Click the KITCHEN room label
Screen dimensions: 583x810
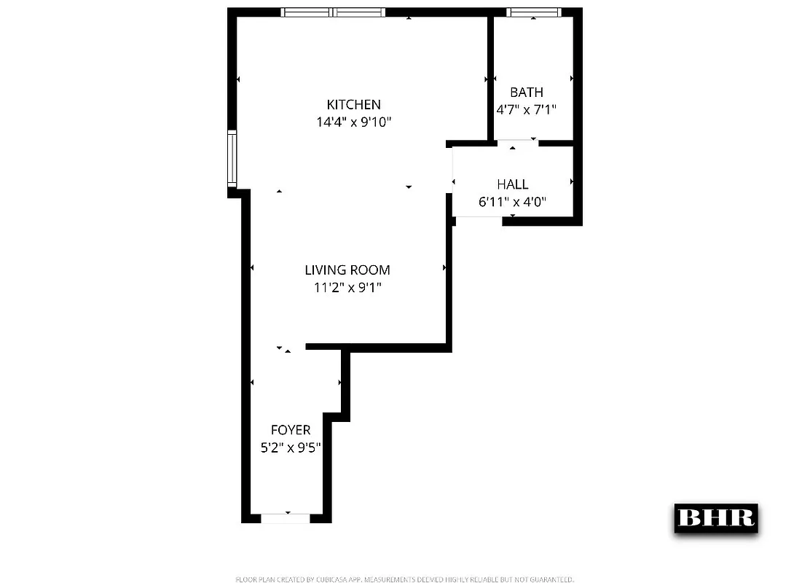tap(353, 105)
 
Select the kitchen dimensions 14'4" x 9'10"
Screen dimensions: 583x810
tap(353, 122)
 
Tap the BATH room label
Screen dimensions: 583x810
tap(526, 93)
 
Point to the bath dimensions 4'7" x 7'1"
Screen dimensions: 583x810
tap(526, 110)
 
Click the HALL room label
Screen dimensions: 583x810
tap(513, 184)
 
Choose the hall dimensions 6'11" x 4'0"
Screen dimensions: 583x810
tap(513, 202)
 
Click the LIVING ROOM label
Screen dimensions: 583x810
tap(347, 270)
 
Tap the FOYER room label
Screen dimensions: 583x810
tap(291, 431)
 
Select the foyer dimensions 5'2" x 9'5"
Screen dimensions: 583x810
tap(291, 448)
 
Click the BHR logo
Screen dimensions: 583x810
tap(715, 517)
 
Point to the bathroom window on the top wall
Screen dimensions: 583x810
tap(533, 12)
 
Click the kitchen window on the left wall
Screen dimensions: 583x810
tap(232, 158)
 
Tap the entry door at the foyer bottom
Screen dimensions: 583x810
tap(286, 518)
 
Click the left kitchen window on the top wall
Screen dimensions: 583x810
tap(307, 12)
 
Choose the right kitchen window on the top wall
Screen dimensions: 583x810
tap(358, 12)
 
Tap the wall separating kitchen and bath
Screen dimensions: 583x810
tap(491, 77)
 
